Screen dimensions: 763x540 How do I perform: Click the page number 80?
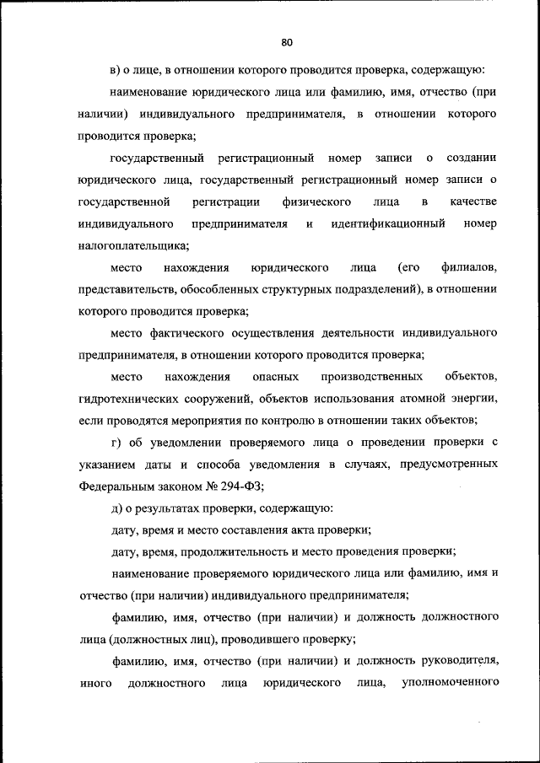pyautogui.click(x=286, y=41)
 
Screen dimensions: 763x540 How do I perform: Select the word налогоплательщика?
pyautogui.click(x=132, y=246)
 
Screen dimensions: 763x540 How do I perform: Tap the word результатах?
pyautogui.click(x=172, y=508)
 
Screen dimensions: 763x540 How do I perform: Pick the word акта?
pyautogui.click(x=302, y=530)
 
